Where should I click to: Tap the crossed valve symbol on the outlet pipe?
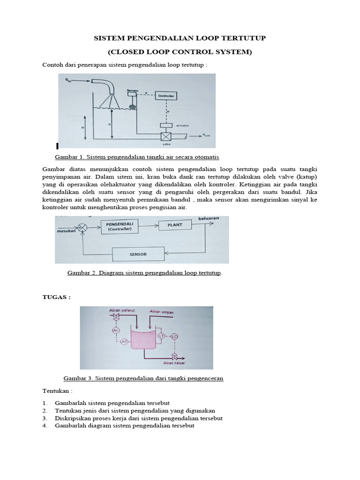(166, 136)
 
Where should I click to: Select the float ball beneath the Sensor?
(133, 107)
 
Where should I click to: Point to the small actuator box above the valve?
(166, 125)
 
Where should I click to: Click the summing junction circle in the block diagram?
(83, 228)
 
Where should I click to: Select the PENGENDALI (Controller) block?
(120, 227)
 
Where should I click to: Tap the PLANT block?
(174, 225)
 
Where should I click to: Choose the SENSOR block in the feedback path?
(138, 255)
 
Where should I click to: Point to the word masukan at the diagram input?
(66, 231)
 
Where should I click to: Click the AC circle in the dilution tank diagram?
(116, 330)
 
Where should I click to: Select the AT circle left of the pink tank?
(125, 342)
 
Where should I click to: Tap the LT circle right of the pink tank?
(161, 336)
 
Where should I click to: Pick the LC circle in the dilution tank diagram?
(174, 336)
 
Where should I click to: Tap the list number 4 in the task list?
(45, 426)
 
